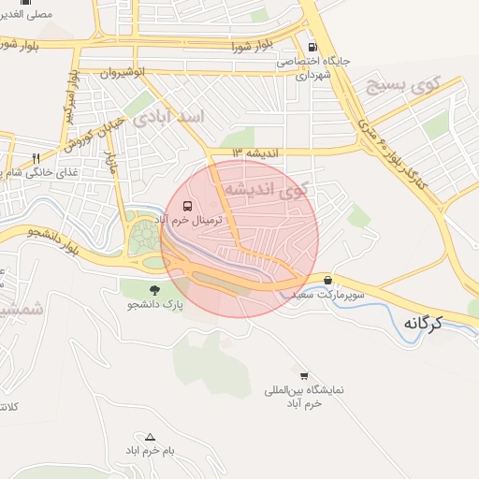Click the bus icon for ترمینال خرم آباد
tap(187, 206)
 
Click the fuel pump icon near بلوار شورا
tap(312, 47)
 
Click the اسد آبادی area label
tap(174, 119)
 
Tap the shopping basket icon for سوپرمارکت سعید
tap(327, 280)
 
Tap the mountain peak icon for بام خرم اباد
tap(150, 436)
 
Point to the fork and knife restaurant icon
tap(37, 158)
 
